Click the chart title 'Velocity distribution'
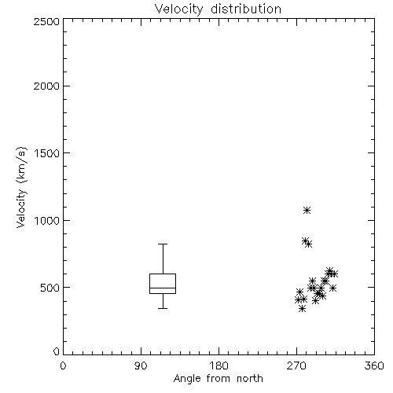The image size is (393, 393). click(x=218, y=9)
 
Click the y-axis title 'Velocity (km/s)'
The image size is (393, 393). click(x=21, y=187)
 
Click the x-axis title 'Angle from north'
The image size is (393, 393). click(x=218, y=379)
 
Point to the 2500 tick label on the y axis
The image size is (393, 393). click(x=46, y=21)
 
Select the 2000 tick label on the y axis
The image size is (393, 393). click(x=46, y=86)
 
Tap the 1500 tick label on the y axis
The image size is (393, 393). click(x=47, y=153)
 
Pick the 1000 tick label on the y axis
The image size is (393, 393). click(x=47, y=220)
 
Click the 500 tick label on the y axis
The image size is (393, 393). click(x=50, y=288)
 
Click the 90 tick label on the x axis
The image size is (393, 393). click(x=141, y=365)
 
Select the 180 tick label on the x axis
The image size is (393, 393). click(x=219, y=365)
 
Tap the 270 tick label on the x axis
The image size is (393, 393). click(x=296, y=365)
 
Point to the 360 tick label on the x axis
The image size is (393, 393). click(x=374, y=365)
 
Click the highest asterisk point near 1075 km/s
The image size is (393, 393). click(x=307, y=210)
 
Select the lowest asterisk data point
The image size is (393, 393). click(x=303, y=309)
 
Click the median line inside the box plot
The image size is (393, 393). click(x=163, y=288)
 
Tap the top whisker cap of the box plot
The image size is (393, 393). click(x=163, y=244)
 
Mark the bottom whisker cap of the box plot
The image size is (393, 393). click(x=163, y=308)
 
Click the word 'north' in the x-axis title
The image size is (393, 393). click(x=250, y=379)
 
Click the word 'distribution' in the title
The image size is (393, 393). click(x=246, y=9)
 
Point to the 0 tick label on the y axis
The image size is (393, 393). click(x=57, y=351)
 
